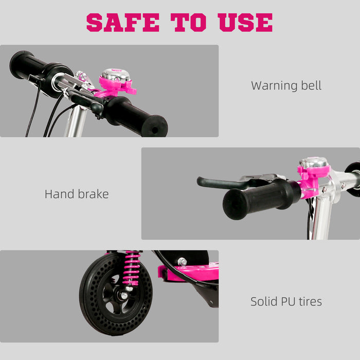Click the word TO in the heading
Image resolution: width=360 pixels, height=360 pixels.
(190, 22)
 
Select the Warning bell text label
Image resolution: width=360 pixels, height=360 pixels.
(286, 85)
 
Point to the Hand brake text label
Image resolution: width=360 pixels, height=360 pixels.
(77, 194)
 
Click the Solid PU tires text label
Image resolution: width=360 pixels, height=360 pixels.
(286, 301)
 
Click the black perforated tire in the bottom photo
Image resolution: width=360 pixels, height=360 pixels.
(93, 309)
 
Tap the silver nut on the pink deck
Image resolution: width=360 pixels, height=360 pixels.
(182, 262)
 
